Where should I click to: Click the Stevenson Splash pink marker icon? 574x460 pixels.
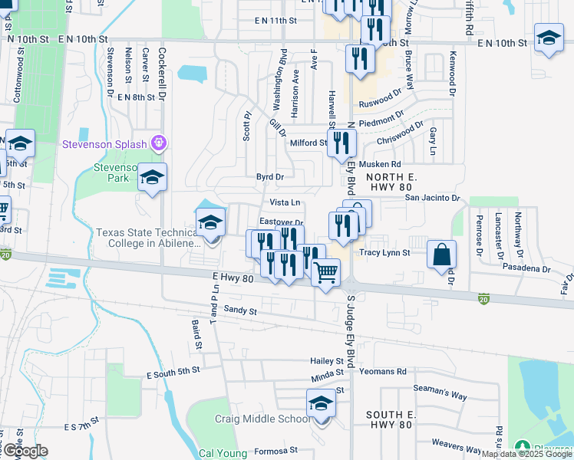pyautogui.click(x=160, y=142)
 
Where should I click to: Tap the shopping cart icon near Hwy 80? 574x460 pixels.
pyautogui.click(x=326, y=271)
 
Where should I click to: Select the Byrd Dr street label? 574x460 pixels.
pyautogui.click(x=270, y=176)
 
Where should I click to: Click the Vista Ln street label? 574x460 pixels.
pyautogui.click(x=284, y=202)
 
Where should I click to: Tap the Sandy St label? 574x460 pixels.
pyautogui.click(x=240, y=310)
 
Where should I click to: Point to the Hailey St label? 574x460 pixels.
pyautogui.click(x=326, y=361)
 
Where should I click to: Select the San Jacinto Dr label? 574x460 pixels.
pyautogui.click(x=432, y=198)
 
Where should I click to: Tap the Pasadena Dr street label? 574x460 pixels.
pyautogui.click(x=526, y=269)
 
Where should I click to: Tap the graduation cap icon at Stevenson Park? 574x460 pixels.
pyautogui.click(x=152, y=178)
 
